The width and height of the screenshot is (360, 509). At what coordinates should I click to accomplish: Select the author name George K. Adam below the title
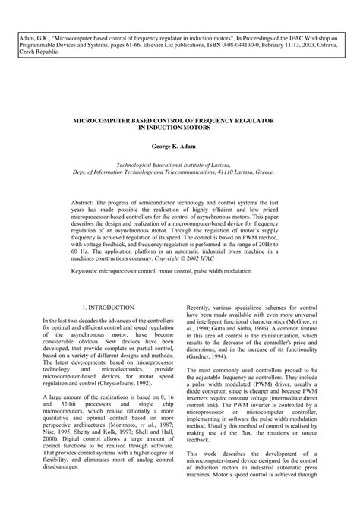179,143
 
